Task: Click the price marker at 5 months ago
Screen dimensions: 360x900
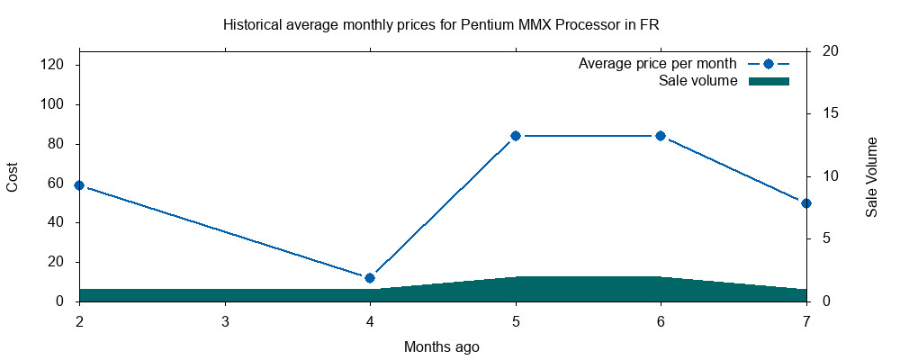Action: pos(516,136)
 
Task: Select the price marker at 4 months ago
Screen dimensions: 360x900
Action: pos(370,278)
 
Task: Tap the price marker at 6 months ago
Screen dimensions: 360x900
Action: pos(661,136)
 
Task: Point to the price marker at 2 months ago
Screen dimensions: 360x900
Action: pos(79,185)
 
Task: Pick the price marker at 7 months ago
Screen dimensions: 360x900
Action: pos(806,203)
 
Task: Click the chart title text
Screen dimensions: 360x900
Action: pos(441,24)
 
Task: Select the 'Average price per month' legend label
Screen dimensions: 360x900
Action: pos(658,64)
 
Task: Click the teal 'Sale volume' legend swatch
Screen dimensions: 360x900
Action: pos(769,81)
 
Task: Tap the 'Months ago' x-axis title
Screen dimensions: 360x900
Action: pos(442,346)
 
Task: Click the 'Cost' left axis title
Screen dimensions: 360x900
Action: pos(13,175)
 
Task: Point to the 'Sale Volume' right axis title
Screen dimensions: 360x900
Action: pos(871,177)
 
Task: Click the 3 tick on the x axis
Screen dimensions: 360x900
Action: pos(224,321)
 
